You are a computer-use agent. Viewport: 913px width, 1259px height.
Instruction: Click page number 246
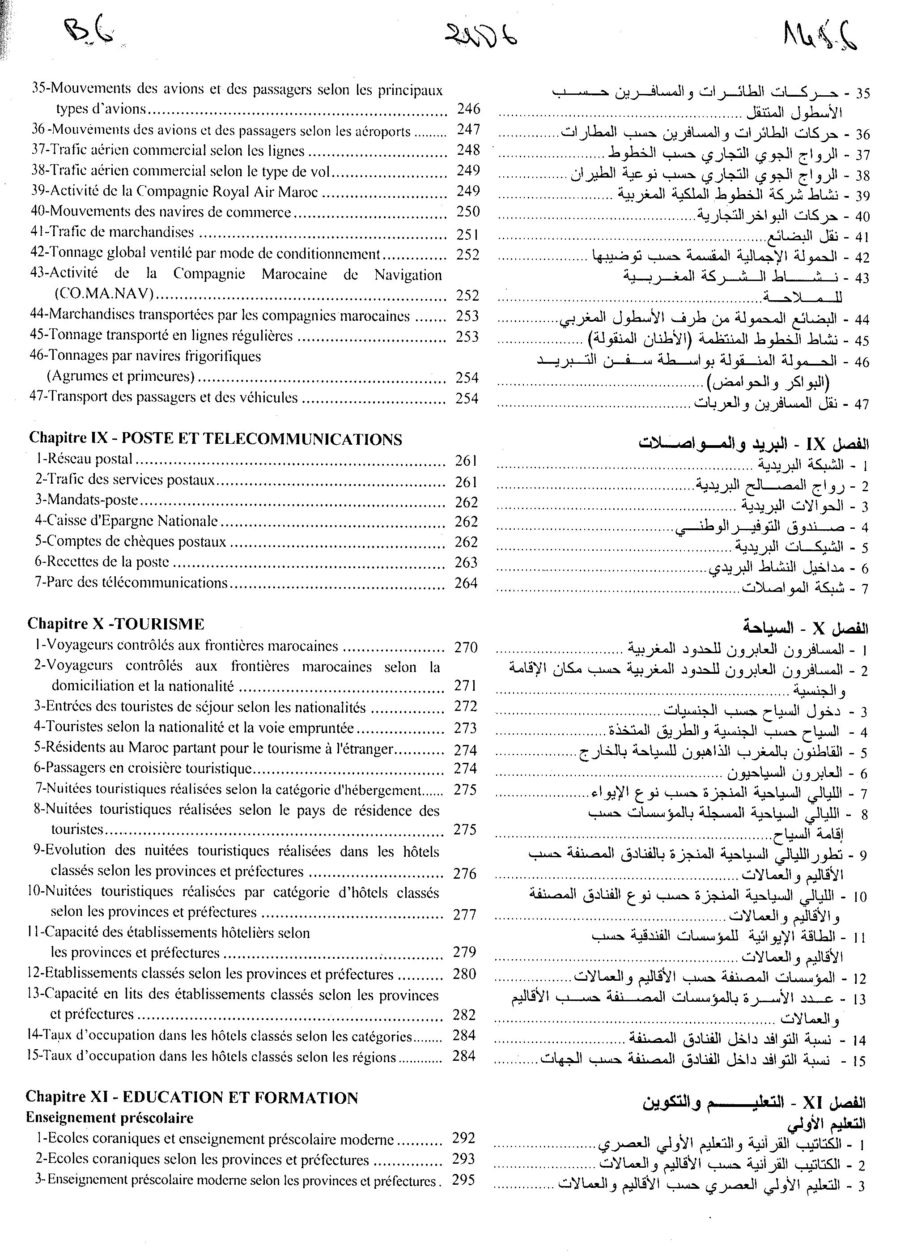pos(468,109)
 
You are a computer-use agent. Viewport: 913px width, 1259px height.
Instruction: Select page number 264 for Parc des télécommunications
pos(466,583)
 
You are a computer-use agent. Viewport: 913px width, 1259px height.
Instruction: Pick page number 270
pos(466,647)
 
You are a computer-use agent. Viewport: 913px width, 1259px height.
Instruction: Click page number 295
pos(463,1180)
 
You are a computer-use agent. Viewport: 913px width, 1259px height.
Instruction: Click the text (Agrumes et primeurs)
pos(120,376)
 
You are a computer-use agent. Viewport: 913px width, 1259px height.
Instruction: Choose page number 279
pos(464,952)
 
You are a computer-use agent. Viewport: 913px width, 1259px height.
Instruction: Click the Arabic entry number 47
pos(862,404)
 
